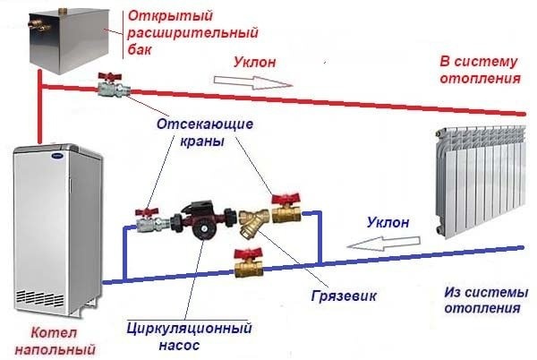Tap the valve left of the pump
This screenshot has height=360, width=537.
146,216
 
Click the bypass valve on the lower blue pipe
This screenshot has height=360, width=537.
245,262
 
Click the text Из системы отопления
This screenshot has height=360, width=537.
481,299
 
